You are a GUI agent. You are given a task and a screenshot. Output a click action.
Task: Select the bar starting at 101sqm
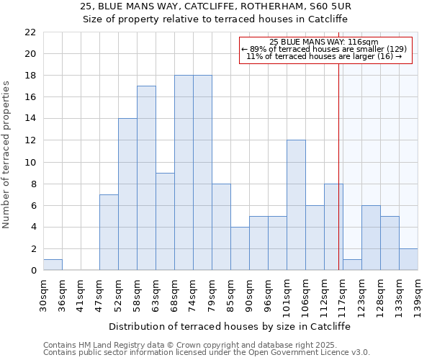(296, 205)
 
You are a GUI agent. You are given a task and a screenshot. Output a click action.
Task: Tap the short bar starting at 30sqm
(53, 265)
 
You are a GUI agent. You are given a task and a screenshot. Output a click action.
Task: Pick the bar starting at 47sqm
(109, 233)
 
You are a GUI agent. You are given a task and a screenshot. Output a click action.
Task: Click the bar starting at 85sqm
(240, 248)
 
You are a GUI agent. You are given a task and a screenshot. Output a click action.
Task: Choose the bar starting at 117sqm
(352, 265)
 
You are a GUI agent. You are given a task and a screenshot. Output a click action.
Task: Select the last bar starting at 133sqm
(408, 259)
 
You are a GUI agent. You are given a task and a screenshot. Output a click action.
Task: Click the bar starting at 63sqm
(165, 222)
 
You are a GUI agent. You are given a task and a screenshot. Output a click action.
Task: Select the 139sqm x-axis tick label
(418, 295)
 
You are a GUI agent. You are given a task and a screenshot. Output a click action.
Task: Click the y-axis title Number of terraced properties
(6, 154)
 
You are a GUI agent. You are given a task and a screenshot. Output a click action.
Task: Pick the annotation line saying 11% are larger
(324, 56)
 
